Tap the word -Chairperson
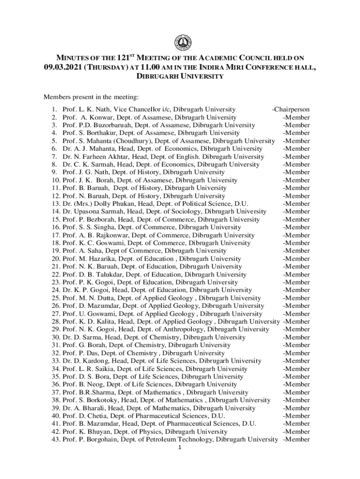click(290, 109)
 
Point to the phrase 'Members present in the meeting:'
click(92, 97)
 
